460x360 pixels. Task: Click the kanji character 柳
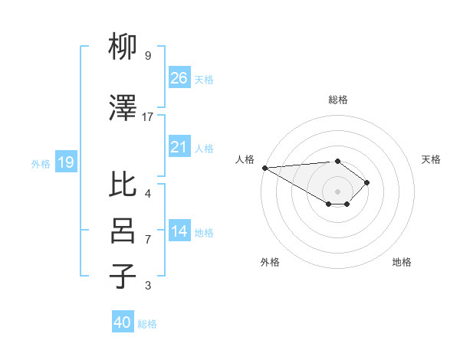point(123,48)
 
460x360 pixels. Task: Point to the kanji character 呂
point(123,231)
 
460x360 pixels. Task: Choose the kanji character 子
point(123,277)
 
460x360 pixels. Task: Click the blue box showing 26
point(179,78)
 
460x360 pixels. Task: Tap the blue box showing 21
point(179,147)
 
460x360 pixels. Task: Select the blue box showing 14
point(179,232)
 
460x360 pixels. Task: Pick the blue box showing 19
point(65,162)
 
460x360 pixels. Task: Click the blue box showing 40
point(123,322)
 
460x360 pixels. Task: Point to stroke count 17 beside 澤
point(148,117)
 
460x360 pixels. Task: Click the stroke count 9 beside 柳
point(147,56)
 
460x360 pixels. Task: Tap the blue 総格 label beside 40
point(147,324)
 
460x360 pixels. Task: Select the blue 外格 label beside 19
point(41,163)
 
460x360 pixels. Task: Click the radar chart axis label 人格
point(245,159)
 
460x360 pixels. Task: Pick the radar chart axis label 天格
point(432,159)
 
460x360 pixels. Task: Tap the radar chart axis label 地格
point(402,262)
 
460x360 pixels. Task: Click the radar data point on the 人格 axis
point(264,168)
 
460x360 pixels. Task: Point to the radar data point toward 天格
point(368,182)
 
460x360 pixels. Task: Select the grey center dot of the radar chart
point(337,191)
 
